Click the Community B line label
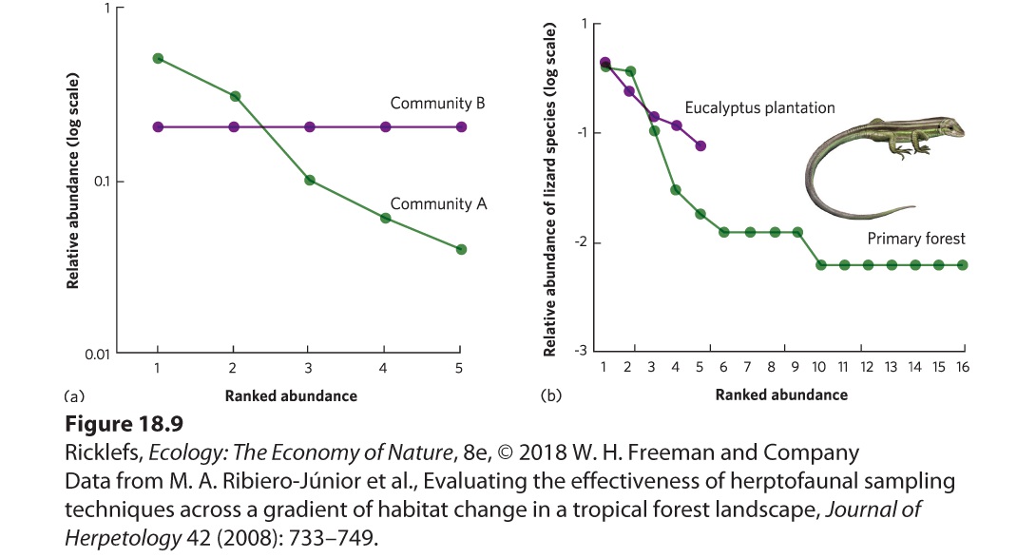pyautogui.click(x=437, y=103)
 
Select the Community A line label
pyautogui.click(x=438, y=203)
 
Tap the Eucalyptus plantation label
pyautogui.click(x=759, y=107)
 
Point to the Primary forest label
pyautogui.click(x=915, y=239)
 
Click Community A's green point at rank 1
pyautogui.click(x=158, y=58)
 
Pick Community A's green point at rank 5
pyautogui.click(x=461, y=249)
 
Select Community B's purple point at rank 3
pyautogui.click(x=309, y=127)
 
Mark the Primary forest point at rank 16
pyautogui.click(x=962, y=265)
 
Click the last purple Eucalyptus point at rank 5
pyautogui.click(x=700, y=145)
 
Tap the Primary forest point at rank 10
pyautogui.click(x=820, y=265)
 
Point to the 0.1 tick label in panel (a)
pyautogui.click(x=101, y=182)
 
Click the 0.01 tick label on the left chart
pyautogui.click(x=97, y=355)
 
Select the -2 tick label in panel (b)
pyautogui.click(x=581, y=242)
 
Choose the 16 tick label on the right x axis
pyautogui.click(x=963, y=367)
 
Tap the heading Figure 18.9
pyautogui.click(x=125, y=423)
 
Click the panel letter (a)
pyautogui.click(x=74, y=396)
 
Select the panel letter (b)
pyautogui.click(x=551, y=395)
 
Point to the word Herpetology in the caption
pyautogui.click(x=123, y=538)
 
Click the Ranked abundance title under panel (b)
pyautogui.click(x=781, y=394)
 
